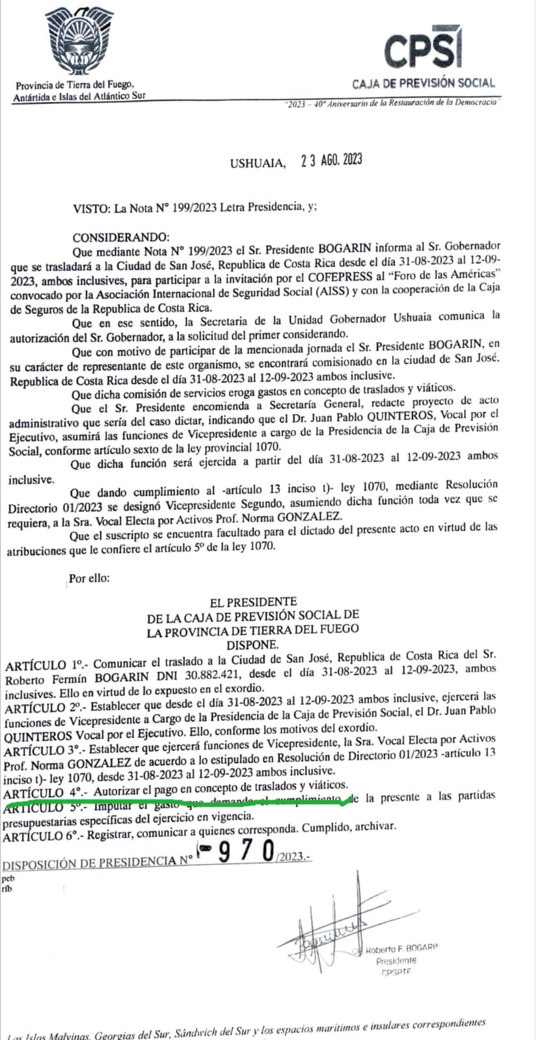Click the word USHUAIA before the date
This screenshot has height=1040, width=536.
coord(258,163)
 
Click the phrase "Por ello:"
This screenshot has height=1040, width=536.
coord(90,577)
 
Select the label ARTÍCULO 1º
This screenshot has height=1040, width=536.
coord(43,666)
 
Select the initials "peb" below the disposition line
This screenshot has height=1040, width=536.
coord(8,877)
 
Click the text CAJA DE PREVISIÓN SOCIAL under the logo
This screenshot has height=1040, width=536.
coord(423,83)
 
